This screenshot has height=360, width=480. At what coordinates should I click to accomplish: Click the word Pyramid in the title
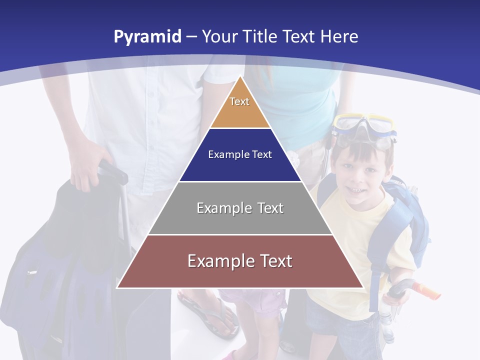[x=147, y=37]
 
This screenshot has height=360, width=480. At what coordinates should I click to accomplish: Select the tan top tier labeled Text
[x=240, y=110]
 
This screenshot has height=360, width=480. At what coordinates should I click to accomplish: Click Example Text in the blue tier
[x=240, y=154]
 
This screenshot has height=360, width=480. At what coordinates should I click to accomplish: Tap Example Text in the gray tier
[x=240, y=208]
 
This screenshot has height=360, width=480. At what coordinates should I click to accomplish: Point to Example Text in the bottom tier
[x=240, y=261]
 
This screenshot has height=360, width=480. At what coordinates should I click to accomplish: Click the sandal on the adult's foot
[x=210, y=315]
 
